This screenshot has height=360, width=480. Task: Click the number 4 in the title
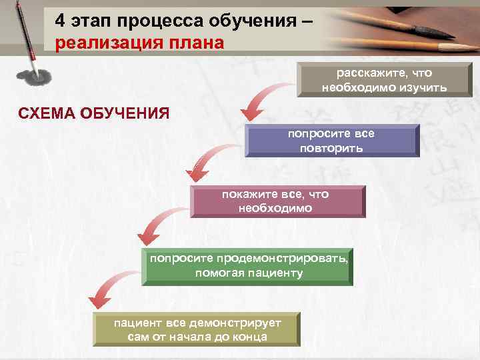(60, 21)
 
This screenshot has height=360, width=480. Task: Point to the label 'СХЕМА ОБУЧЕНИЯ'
(93, 111)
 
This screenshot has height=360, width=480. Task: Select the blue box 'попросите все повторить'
(331, 141)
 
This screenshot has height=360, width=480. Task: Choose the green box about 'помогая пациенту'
(249, 266)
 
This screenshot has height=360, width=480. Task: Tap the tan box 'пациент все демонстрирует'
(197, 329)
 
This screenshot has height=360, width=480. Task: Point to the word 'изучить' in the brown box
(425, 87)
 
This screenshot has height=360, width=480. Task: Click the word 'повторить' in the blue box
(331, 148)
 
